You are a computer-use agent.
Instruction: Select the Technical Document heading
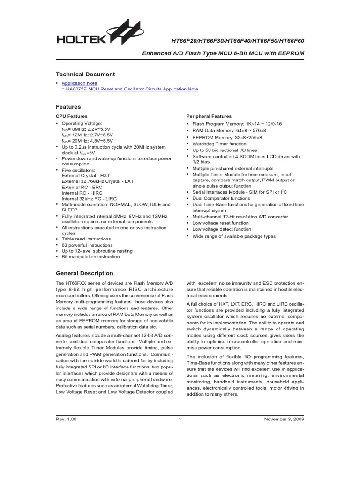[85, 75]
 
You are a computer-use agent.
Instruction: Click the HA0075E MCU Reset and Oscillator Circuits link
[132, 89]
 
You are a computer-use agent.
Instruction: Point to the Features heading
[68, 107]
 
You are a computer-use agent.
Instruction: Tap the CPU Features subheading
[72, 116]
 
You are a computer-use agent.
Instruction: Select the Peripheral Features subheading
[209, 116]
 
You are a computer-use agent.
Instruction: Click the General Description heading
[84, 273]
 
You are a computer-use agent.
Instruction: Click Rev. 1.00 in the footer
[66, 420]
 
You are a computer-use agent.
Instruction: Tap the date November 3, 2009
[285, 420]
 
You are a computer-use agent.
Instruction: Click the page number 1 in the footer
[180, 420]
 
